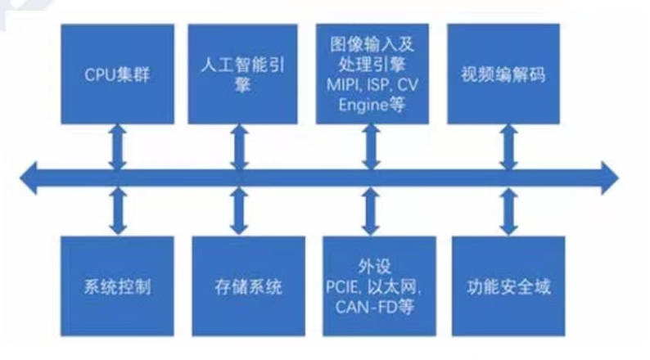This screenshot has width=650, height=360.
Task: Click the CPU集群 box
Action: (x=118, y=74)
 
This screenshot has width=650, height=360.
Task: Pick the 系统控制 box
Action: (x=118, y=286)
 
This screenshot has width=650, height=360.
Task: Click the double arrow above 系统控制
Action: (x=118, y=211)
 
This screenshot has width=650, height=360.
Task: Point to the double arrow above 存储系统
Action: (x=240, y=211)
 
